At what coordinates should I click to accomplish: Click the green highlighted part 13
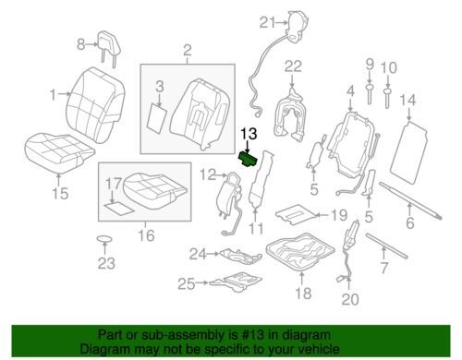249,159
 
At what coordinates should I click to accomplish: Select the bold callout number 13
249,134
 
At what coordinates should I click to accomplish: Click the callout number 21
267,23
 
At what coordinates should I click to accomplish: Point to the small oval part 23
104,238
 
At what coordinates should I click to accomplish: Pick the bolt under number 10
387,98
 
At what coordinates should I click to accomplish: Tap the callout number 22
293,66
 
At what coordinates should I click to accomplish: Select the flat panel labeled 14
408,152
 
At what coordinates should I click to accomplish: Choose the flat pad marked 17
119,209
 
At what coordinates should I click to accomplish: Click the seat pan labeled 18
299,251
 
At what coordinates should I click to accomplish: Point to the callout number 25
187,283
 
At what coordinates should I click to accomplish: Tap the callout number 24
198,254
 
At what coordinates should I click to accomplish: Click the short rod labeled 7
386,246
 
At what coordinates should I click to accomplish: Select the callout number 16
146,235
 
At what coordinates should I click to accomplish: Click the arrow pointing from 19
322,215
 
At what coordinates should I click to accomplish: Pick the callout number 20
350,299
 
